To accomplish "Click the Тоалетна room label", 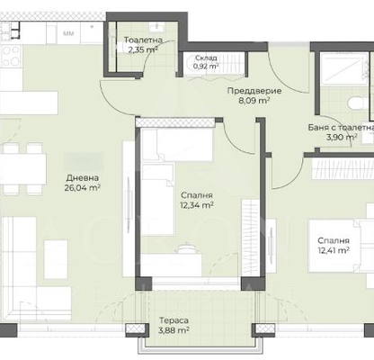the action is [x=143, y=40].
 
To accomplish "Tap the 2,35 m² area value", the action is [x=143, y=49].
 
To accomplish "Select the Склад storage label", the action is [x=206, y=58].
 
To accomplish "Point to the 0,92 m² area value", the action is [x=206, y=67].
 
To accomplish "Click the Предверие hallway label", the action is [x=254, y=91].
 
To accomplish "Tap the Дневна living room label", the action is [x=82, y=178].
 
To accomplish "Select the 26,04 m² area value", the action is [x=82, y=188].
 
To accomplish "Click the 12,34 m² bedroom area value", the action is [x=197, y=205].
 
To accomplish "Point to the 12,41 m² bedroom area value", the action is [x=334, y=250].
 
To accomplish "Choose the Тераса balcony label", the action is [x=174, y=320].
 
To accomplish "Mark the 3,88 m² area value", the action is [x=174, y=330].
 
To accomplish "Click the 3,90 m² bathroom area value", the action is [x=342, y=138].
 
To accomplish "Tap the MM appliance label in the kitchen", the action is [x=68, y=33].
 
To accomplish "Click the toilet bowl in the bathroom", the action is [x=358, y=103].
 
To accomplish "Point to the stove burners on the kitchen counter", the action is [x=11, y=57].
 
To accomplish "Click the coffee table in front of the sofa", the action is [x=56, y=259].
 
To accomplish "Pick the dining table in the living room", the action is [x=22, y=168].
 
